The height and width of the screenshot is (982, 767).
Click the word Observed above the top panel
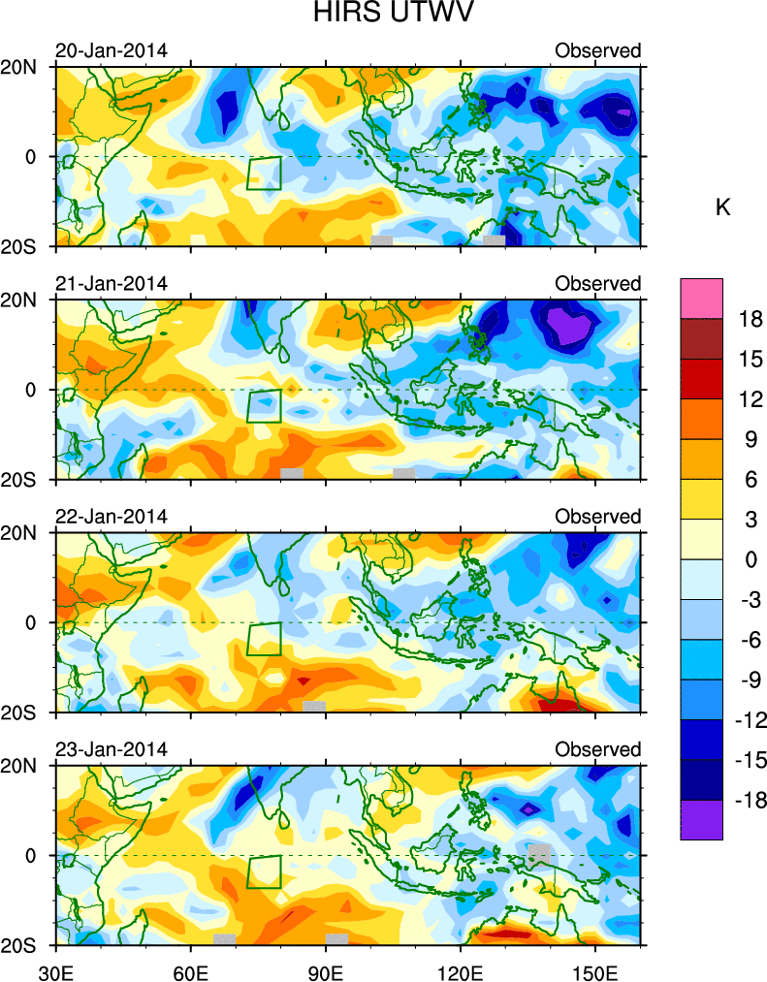(597, 50)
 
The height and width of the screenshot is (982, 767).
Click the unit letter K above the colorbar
(722, 207)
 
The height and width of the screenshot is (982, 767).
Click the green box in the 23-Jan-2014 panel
(264, 871)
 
